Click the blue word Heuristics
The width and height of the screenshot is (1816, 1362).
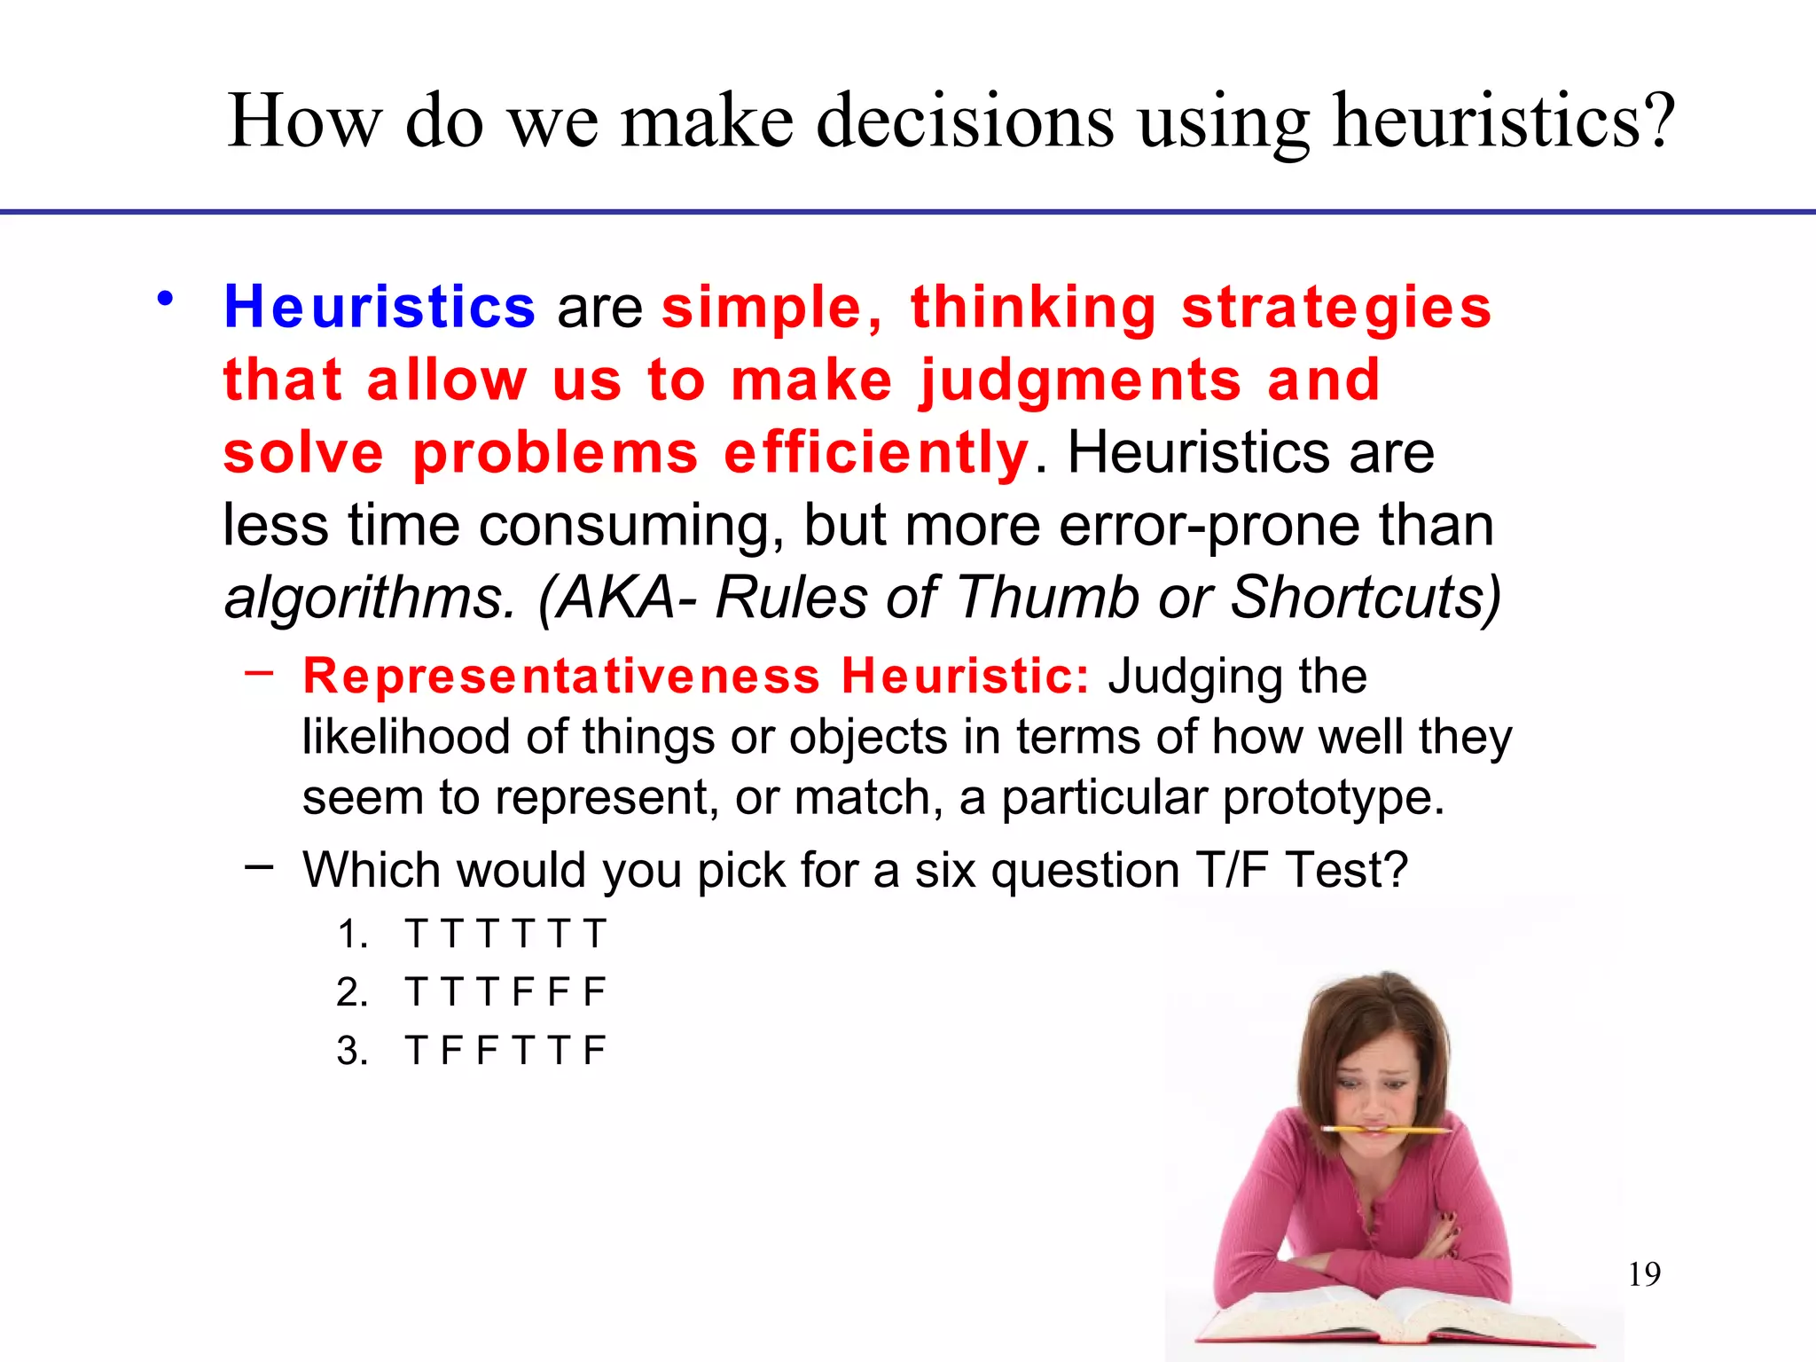[x=380, y=307]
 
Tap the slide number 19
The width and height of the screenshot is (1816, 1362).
[x=1644, y=1274]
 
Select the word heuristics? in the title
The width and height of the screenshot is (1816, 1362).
[x=1504, y=121]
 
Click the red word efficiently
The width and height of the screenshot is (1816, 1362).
[x=876, y=453]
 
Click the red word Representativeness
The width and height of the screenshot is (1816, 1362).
[x=561, y=676]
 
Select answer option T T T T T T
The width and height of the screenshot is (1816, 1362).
[x=505, y=934]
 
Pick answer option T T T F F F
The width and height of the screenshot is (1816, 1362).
[x=505, y=991]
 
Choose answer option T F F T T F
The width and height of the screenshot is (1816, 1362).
[x=505, y=1050]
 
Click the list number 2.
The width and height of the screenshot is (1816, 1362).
[x=352, y=991]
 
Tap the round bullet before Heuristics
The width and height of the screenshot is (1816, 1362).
[x=165, y=299]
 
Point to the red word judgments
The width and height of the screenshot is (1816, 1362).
[x=1080, y=381]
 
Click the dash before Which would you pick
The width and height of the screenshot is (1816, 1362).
[x=259, y=866]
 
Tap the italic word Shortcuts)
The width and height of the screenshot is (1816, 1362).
[x=1366, y=597]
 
